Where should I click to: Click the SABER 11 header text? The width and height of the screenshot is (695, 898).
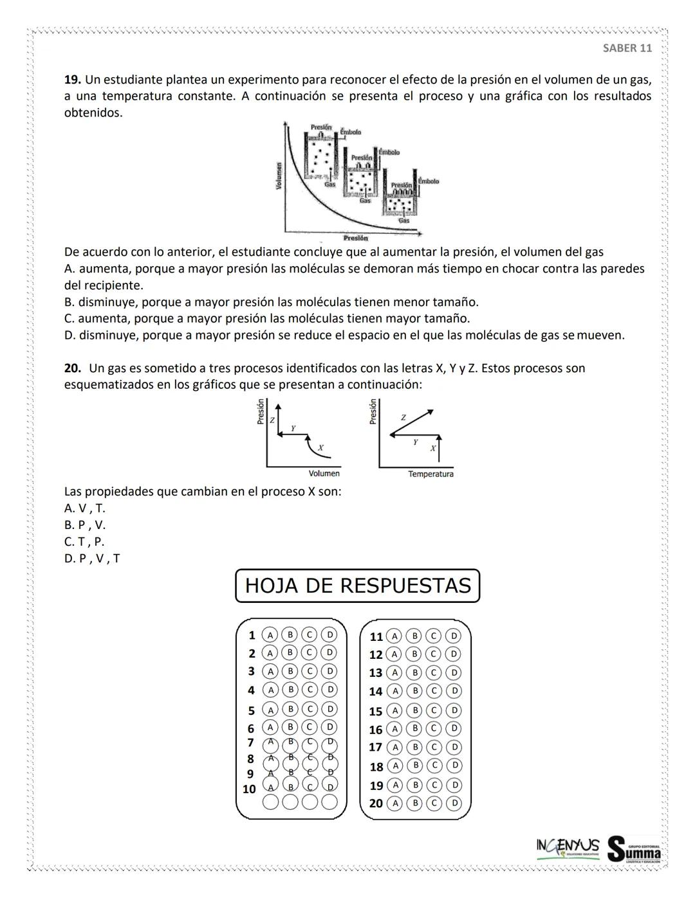627,48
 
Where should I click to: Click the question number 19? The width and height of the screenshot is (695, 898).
72,80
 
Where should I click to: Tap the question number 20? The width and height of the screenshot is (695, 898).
72,368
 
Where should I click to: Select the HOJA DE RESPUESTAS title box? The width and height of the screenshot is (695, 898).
358,586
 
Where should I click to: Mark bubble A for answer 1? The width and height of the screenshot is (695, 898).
270,635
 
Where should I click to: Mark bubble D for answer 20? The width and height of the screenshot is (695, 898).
454,803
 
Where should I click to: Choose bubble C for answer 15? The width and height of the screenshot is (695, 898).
434,711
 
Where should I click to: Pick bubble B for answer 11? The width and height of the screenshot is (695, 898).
414,636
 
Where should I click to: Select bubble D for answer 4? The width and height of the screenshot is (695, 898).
329,690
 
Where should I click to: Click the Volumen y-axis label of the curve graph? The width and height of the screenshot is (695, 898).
279,175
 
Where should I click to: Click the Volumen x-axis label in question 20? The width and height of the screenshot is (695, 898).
324,474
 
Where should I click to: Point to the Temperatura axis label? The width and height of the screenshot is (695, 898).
431,474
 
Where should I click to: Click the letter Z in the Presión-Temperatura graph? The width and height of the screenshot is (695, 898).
403,417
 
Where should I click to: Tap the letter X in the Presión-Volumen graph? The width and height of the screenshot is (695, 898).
320,447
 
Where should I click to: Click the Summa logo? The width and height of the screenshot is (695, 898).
635,849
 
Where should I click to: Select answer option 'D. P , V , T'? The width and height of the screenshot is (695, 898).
92,559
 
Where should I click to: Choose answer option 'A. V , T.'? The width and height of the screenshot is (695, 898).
85,508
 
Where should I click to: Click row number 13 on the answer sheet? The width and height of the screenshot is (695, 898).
376,673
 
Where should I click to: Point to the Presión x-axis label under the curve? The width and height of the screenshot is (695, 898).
356,238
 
